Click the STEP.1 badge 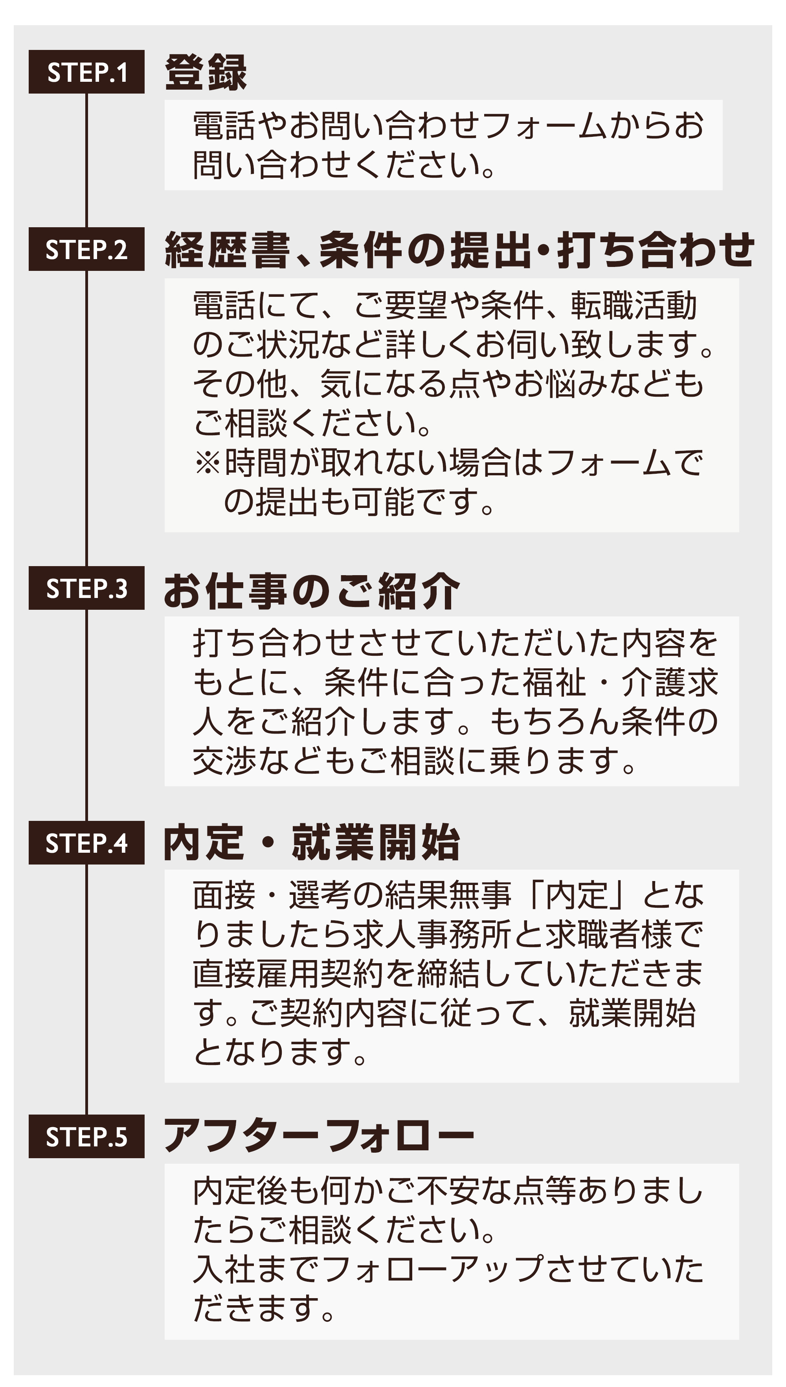[x=86, y=72]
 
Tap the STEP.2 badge [x=86, y=249]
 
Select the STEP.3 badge [x=86, y=588]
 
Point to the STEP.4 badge [x=86, y=843]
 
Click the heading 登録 [x=206, y=72]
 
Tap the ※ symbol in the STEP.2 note [x=208, y=463]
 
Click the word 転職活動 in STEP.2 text [x=634, y=305]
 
